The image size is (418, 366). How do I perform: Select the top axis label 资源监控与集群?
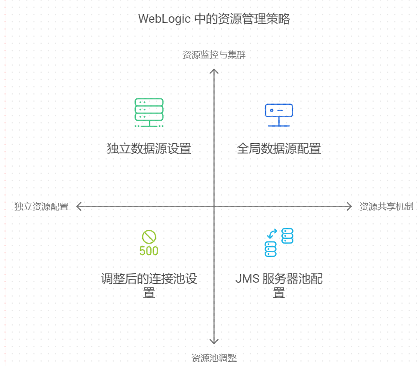[x=214, y=55]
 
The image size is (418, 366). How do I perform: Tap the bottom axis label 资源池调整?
[x=214, y=358]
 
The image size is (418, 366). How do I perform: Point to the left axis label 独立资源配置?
[x=41, y=207]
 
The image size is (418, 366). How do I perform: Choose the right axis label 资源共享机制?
[x=386, y=207]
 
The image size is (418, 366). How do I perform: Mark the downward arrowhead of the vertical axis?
[x=214, y=342]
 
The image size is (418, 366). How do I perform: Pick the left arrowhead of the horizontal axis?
[x=78, y=207]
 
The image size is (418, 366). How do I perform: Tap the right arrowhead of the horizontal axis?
[x=349, y=207]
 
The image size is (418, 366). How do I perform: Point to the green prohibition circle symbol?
[x=149, y=237]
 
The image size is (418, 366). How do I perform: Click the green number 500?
[x=149, y=251]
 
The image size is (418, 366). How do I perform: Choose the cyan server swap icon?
[x=279, y=242]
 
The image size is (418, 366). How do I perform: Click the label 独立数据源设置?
[x=149, y=149]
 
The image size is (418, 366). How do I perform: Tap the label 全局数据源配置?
[x=279, y=149]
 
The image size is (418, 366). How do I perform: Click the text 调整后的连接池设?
[x=149, y=279]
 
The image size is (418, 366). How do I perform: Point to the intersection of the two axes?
[x=214, y=207]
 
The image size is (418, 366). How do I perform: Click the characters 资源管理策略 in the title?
[x=256, y=19]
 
